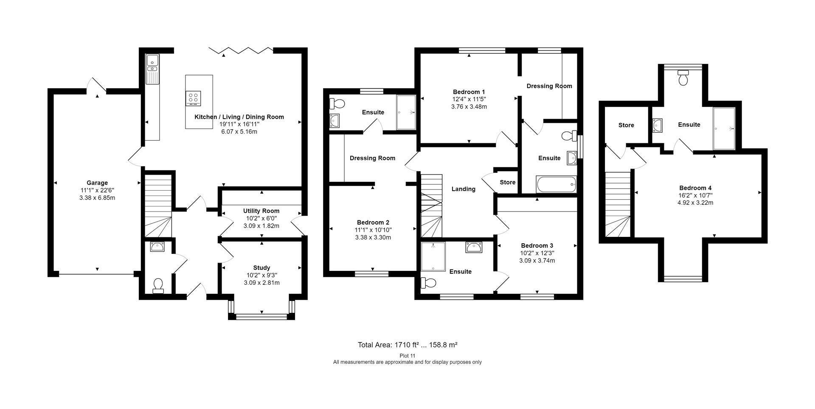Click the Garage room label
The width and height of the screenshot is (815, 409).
click(x=97, y=183)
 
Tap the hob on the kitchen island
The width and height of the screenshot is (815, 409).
click(x=193, y=99)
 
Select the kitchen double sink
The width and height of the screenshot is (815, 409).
click(x=152, y=69)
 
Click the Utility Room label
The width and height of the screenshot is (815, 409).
click(x=261, y=211)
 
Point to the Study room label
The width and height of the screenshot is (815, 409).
click(x=261, y=268)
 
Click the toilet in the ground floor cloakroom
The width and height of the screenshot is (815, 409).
click(x=158, y=286)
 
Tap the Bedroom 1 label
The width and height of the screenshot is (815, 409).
click(x=469, y=92)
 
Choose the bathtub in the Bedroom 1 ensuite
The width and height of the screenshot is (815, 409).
click(x=556, y=184)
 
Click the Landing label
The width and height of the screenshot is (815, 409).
click(x=463, y=189)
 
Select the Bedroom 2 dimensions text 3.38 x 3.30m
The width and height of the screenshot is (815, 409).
click(x=373, y=237)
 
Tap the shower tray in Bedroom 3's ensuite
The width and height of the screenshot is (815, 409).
click(x=433, y=256)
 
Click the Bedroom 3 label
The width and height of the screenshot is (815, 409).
click(x=537, y=245)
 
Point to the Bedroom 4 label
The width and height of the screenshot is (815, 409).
click(x=695, y=188)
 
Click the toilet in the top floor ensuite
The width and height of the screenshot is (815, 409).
click(x=683, y=78)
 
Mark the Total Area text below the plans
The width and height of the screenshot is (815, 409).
click(x=407, y=345)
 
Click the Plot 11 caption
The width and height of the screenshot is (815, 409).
click(x=407, y=356)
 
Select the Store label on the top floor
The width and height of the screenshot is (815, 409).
click(x=626, y=125)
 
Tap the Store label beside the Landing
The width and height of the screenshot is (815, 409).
click(x=508, y=182)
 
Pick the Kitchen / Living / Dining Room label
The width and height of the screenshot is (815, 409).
click(x=239, y=117)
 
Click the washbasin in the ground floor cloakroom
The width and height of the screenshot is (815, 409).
click(x=157, y=247)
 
